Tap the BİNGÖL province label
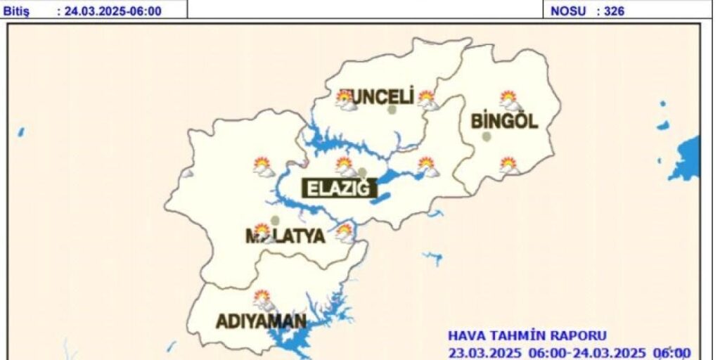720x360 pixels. (x=504, y=121)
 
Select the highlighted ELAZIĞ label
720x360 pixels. (x=338, y=188)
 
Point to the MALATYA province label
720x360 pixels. (x=286, y=236)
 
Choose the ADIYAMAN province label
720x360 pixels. (x=261, y=322)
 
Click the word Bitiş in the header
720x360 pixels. (x=15, y=11)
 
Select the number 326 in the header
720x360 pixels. (x=615, y=11)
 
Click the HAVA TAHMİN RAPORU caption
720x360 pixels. (x=527, y=336)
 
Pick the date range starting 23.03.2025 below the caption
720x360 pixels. (x=570, y=352)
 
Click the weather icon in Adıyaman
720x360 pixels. (x=264, y=300)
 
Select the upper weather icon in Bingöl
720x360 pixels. (x=509, y=101)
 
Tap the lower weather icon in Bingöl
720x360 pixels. (x=509, y=166)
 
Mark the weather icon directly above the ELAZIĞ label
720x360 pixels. (x=345, y=166)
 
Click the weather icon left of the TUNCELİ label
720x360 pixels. (x=345, y=100)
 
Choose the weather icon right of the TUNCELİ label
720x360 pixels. (x=427, y=100)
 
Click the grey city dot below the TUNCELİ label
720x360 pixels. (x=392, y=110)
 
